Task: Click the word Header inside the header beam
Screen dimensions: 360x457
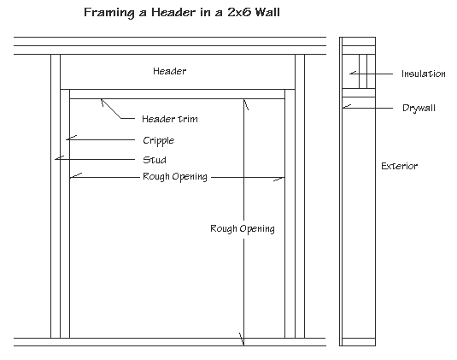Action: [x=168, y=71]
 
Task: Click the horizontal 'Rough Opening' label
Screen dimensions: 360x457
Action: [x=174, y=177]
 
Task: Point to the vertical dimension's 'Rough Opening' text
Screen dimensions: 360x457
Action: [x=242, y=229]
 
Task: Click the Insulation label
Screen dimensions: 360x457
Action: [x=423, y=74]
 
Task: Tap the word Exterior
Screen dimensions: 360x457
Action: [x=399, y=166]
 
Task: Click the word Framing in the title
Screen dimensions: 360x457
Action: [x=108, y=15]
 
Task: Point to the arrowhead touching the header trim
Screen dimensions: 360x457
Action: [x=103, y=102]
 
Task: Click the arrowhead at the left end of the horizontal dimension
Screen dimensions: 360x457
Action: [x=74, y=177]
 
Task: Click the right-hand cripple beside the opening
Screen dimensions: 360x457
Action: [x=290, y=214]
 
